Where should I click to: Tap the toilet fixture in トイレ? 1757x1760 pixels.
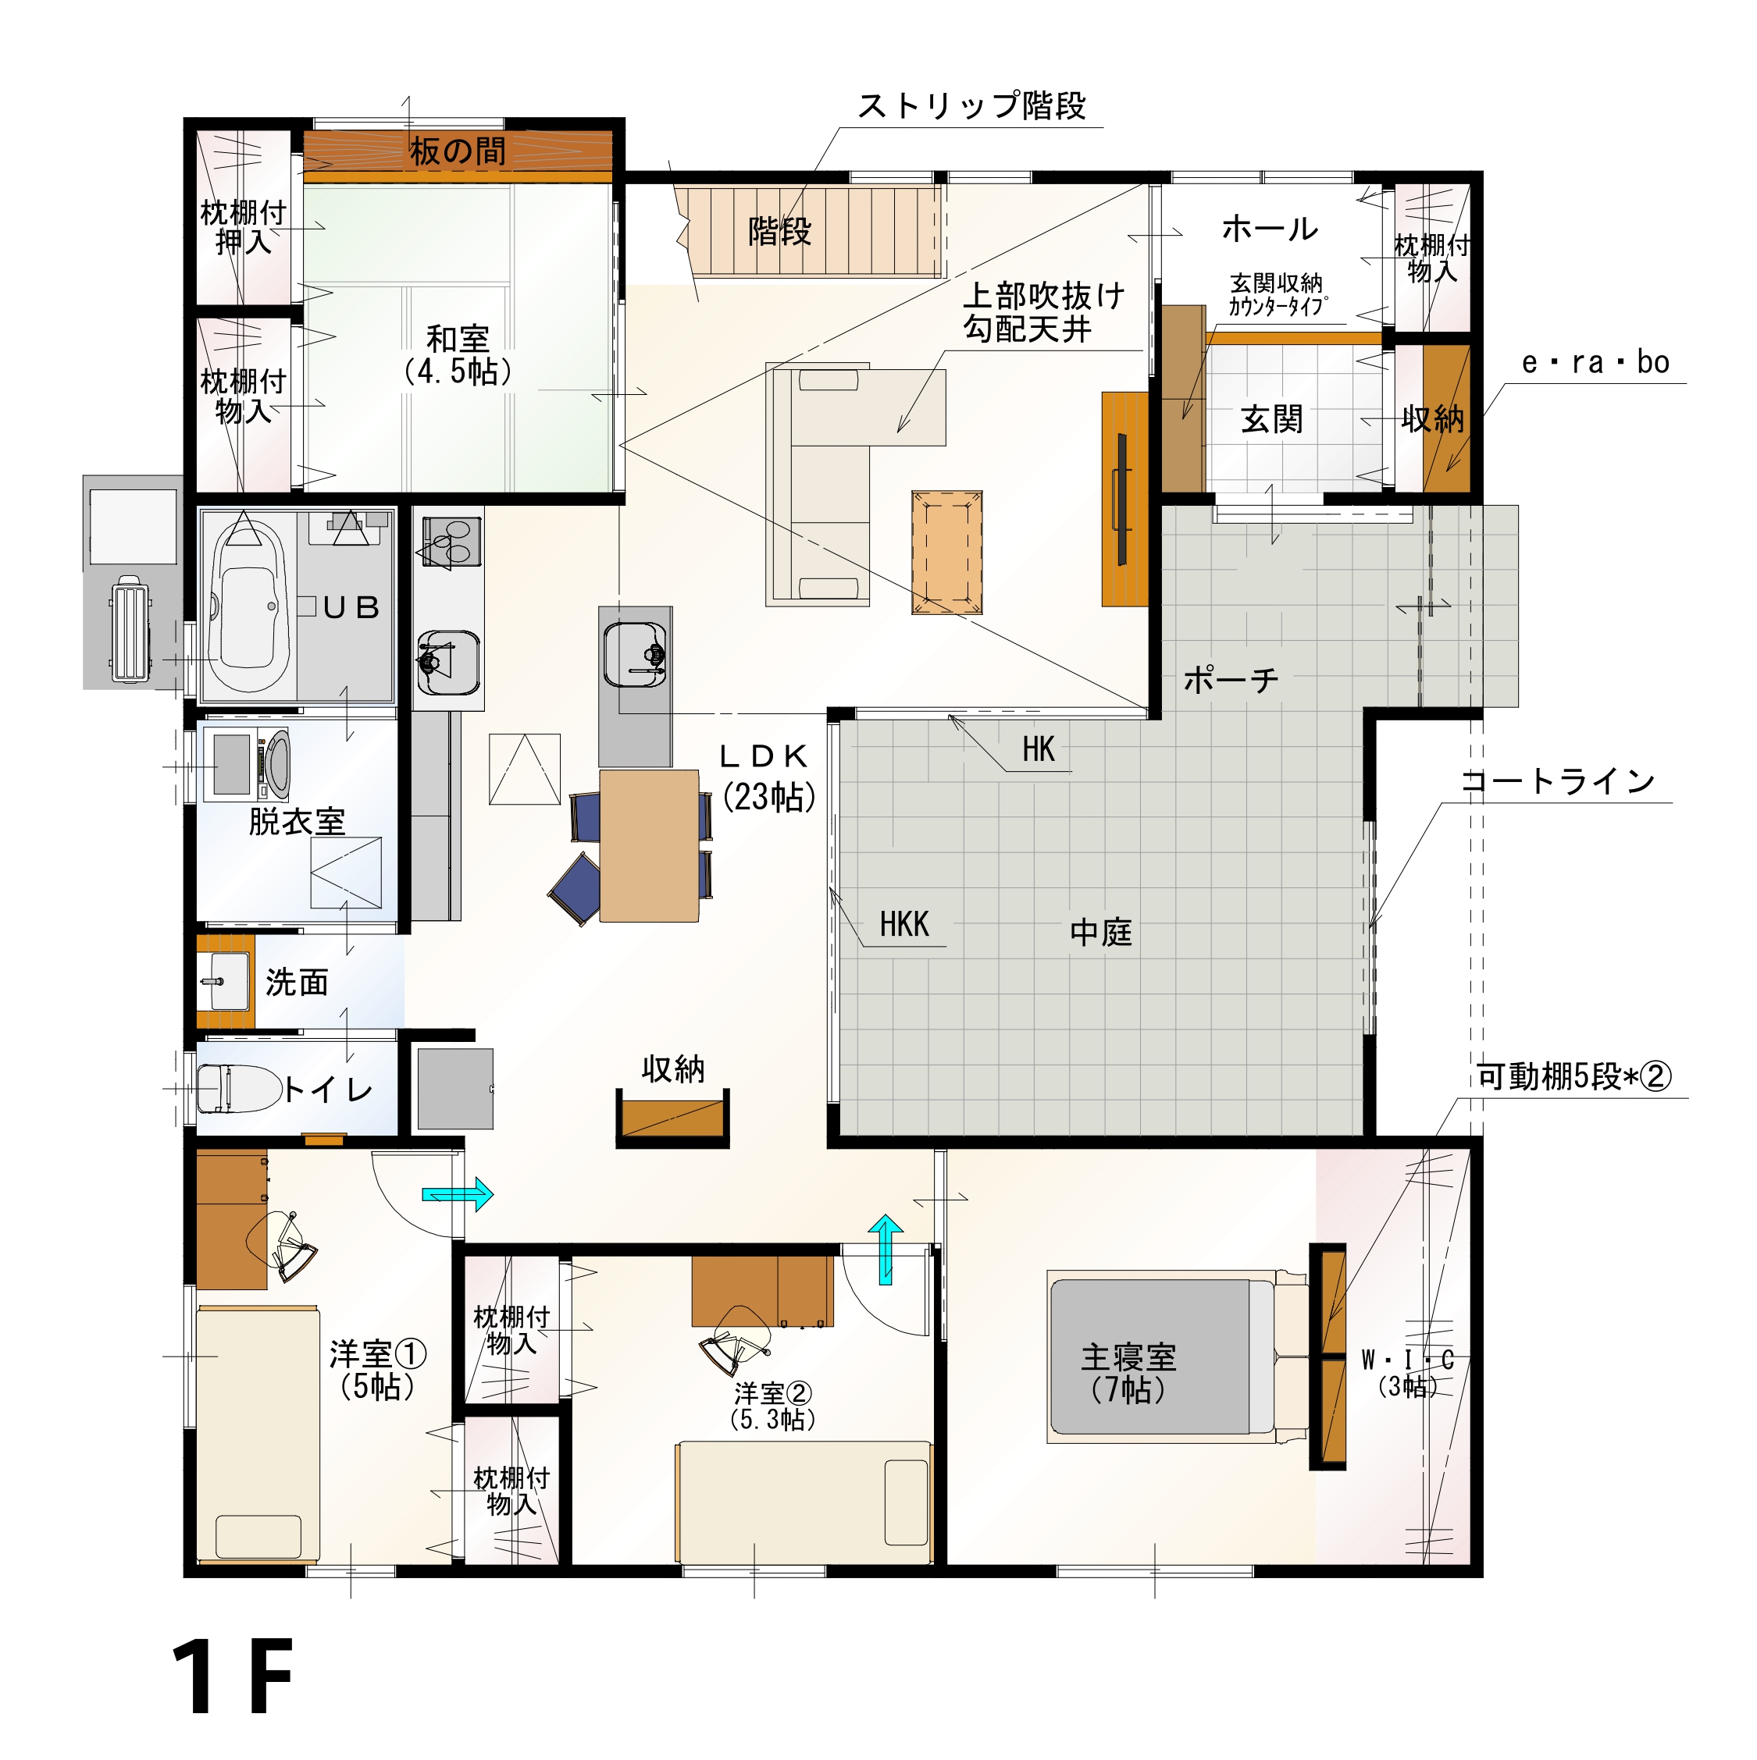click(x=240, y=1090)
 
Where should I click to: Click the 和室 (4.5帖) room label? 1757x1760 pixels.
click(x=458, y=355)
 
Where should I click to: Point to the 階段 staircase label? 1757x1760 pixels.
click(x=779, y=231)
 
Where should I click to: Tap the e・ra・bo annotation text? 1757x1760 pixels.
click(x=1595, y=363)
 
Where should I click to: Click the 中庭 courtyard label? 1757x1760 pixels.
click(x=1101, y=932)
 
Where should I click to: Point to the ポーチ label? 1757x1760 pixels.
click(x=1230, y=680)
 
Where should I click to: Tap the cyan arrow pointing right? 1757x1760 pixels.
click(x=458, y=1193)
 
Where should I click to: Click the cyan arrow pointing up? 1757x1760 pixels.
click(x=885, y=1250)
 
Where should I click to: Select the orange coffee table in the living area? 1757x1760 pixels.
click(x=947, y=552)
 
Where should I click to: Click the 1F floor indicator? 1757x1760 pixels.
click(x=233, y=1678)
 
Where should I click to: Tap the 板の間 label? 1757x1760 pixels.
click(x=457, y=151)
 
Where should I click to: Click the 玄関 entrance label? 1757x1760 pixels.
click(x=1271, y=419)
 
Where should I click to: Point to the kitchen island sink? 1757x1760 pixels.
click(x=635, y=654)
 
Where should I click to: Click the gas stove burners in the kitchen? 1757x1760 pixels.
click(x=451, y=541)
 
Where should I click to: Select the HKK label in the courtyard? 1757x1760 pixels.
click(x=904, y=925)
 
